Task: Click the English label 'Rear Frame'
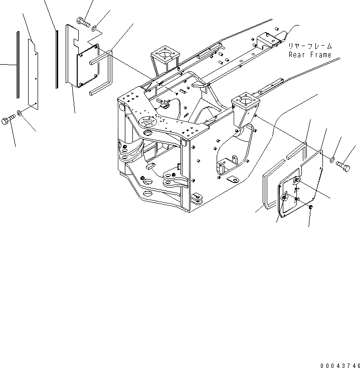tap(310, 54)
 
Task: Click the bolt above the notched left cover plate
tap(83, 21)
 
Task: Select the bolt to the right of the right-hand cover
tap(344, 164)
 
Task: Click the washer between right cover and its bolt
tap(332, 159)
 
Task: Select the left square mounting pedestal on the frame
tap(162, 55)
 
